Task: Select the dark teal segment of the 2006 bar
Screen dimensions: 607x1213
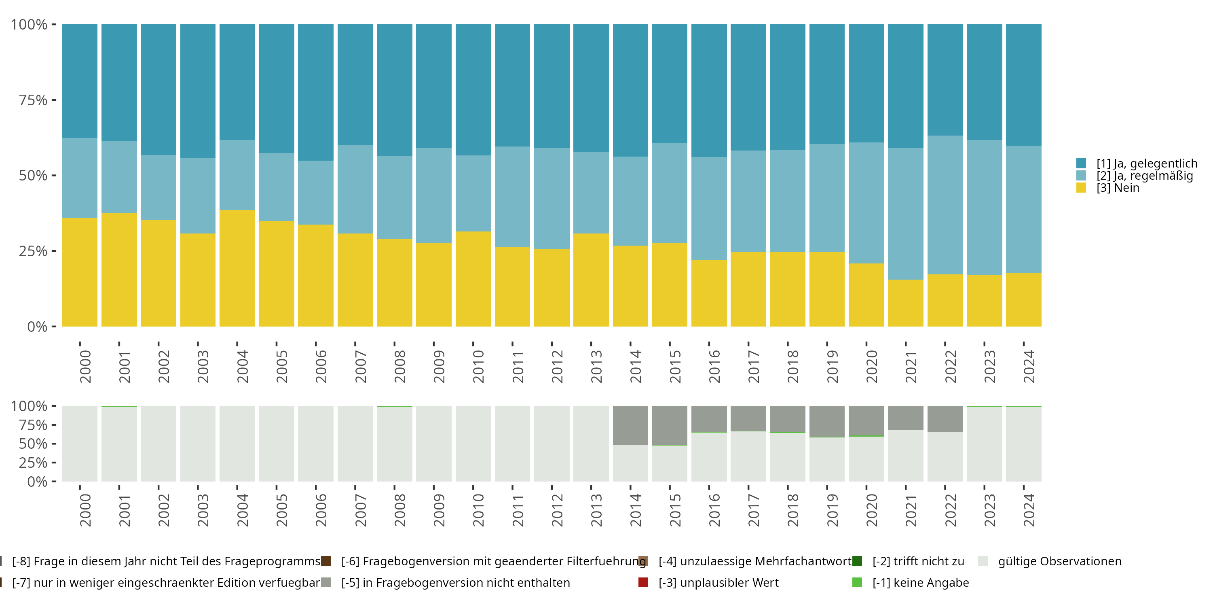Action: pyautogui.click(x=315, y=92)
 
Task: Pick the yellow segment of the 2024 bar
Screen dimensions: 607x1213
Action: pyautogui.click(x=1023, y=300)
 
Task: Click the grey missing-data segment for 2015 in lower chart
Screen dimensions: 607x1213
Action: pyautogui.click(x=670, y=425)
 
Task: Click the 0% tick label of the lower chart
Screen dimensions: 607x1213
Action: pyautogui.click(x=37, y=482)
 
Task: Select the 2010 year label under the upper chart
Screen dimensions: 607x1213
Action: pyautogui.click(x=478, y=366)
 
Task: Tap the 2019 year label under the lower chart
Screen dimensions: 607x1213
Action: pyautogui.click(x=832, y=510)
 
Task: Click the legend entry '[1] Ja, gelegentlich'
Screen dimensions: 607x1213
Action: pyautogui.click(x=1147, y=163)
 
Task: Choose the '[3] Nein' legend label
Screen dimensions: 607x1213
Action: pyautogui.click(x=1118, y=188)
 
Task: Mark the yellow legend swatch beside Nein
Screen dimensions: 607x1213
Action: pyautogui.click(x=1081, y=188)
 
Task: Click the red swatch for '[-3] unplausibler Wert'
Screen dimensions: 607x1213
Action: pyautogui.click(x=643, y=582)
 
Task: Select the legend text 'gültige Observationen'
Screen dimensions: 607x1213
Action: pyautogui.click(x=1059, y=561)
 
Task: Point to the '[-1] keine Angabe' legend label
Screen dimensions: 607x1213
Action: pyautogui.click(x=920, y=582)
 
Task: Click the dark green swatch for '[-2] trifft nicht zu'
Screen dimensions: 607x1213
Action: pyautogui.click(x=857, y=561)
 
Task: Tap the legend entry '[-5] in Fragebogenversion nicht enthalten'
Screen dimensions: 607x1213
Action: pyautogui.click(x=455, y=582)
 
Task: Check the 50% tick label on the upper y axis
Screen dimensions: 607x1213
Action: pyautogui.click(x=33, y=176)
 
